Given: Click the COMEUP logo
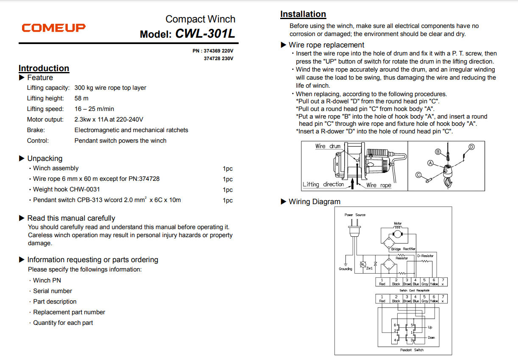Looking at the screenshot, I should [54, 28].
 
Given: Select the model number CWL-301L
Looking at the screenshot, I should [205, 33].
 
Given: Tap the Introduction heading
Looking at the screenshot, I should [44, 68].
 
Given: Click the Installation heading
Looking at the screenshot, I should [303, 14].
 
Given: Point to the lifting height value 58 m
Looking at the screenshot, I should [81, 98].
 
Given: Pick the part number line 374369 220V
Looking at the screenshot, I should [213, 51].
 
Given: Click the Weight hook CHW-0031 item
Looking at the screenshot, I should [67, 189].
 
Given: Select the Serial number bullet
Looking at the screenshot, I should [53, 291].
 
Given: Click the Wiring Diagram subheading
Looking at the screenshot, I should [314, 202].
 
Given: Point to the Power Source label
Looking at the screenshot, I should [355, 215].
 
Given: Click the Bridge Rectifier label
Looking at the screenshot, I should [403, 249].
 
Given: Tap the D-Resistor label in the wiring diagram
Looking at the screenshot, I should [425, 255].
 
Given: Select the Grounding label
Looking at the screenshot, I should [345, 269].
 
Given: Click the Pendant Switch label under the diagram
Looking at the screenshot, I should [412, 350].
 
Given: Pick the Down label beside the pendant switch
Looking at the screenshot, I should [431, 338].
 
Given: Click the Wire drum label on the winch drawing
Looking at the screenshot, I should [328, 146].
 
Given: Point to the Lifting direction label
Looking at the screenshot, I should [323, 184].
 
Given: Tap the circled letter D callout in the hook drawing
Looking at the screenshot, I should [471, 147].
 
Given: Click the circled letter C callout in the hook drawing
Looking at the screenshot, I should [418, 174].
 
